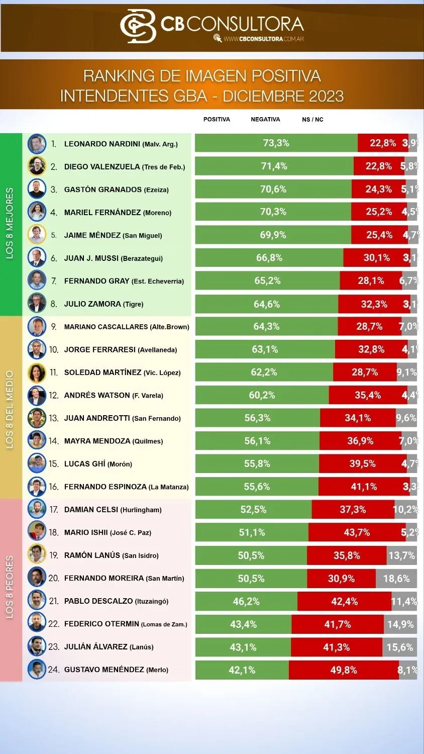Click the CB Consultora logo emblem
click(x=138, y=26)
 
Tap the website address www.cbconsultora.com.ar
click(x=264, y=39)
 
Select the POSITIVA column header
click(x=217, y=120)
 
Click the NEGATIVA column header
click(x=265, y=120)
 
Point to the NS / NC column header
click(x=312, y=120)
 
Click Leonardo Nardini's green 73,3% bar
click(x=276, y=143)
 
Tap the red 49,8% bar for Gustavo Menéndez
click(x=344, y=670)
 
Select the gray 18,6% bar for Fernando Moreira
click(x=396, y=579)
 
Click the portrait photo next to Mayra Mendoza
click(x=37, y=441)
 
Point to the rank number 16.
click(x=54, y=487)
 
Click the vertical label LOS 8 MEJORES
click(x=10, y=224)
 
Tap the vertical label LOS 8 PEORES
click(x=10, y=587)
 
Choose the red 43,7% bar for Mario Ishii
click(x=357, y=532)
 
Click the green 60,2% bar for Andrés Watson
click(x=262, y=395)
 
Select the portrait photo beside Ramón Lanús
click(x=37, y=555)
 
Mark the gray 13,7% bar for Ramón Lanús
click(x=401, y=555)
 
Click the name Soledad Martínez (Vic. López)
click(x=122, y=372)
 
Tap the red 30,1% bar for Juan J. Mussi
click(x=376, y=258)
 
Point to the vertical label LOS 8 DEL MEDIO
click(x=10, y=410)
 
